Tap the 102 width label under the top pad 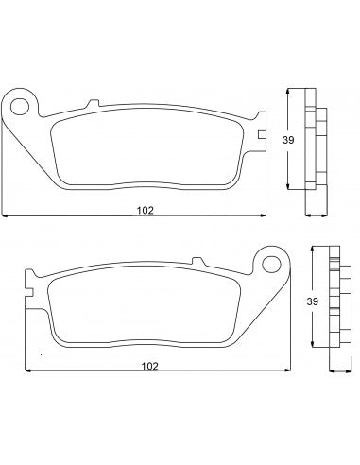(144, 210)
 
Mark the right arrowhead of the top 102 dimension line (262, 216)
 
